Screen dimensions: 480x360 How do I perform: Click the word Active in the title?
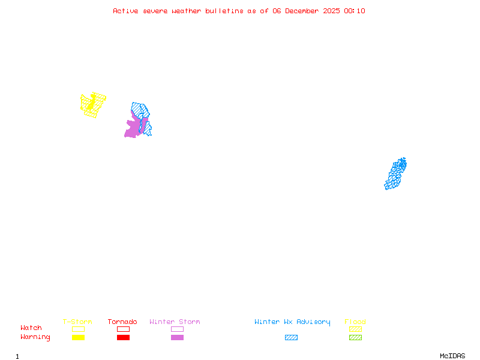pyautogui.click(x=125, y=11)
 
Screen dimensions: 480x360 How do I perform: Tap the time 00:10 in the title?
pyautogui.click(x=355, y=11)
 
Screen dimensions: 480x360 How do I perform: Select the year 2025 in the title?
pyautogui.click(x=331, y=11)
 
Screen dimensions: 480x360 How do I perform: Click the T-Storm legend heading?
pyautogui.click(x=77, y=322)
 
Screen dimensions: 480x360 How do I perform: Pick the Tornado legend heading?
pyautogui.click(x=122, y=322)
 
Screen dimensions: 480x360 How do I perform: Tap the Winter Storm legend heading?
pyautogui.click(x=175, y=322)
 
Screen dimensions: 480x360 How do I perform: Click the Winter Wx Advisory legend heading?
pyautogui.click(x=292, y=322)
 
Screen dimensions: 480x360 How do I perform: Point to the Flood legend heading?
pyautogui.click(x=355, y=322)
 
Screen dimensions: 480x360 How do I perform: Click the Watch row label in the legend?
pyautogui.click(x=31, y=328)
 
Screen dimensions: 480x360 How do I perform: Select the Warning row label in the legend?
pyautogui.click(x=35, y=337)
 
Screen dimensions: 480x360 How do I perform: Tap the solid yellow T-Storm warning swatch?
pyautogui.click(x=78, y=337)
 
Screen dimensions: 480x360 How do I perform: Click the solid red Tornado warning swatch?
pyautogui.click(x=123, y=337)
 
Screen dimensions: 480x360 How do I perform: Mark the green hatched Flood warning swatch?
pyautogui.click(x=355, y=337)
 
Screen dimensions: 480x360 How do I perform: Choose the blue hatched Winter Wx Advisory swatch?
pyautogui.click(x=291, y=337)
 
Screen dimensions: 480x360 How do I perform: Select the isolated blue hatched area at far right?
pyautogui.click(x=395, y=174)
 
